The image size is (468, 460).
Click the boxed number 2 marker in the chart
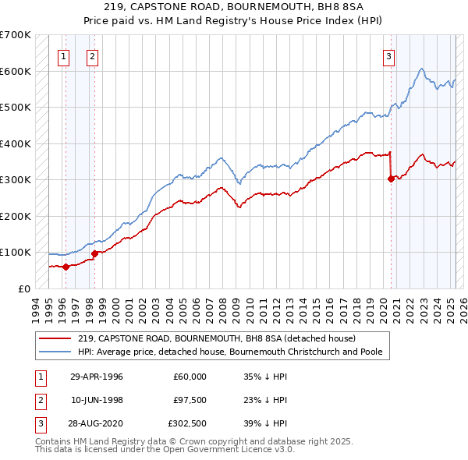(92, 55)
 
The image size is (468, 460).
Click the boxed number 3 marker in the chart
(388, 55)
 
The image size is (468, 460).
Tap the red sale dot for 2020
(391, 179)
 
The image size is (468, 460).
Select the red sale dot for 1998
(94, 253)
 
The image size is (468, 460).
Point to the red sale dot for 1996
(66, 267)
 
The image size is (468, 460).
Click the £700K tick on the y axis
(16, 35)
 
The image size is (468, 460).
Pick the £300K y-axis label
(16, 179)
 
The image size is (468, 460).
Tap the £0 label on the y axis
(23, 288)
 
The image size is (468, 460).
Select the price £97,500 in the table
(190, 400)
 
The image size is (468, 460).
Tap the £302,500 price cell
(188, 423)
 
